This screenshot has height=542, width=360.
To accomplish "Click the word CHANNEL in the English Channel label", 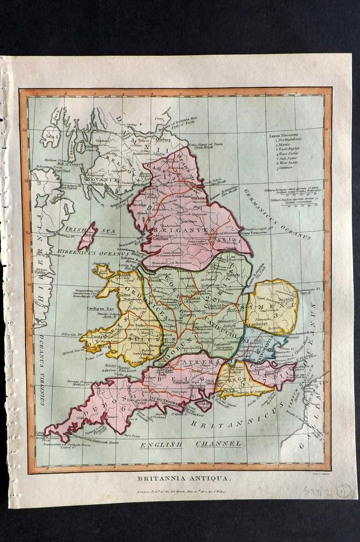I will (x=218, y=444).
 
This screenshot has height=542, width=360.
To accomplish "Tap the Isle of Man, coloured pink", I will (x=87, y=236).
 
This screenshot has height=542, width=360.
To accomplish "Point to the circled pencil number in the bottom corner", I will (x=343, y=490).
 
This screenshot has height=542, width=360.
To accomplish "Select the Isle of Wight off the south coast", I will (x=203, y=405).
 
